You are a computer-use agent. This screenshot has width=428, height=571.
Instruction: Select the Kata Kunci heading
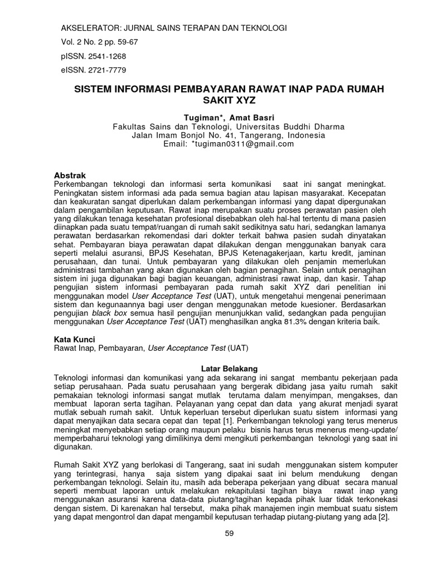coord(75,338)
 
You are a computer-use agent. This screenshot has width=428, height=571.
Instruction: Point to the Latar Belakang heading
coord(229,369)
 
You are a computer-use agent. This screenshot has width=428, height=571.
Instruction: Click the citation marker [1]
coord(228,422)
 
